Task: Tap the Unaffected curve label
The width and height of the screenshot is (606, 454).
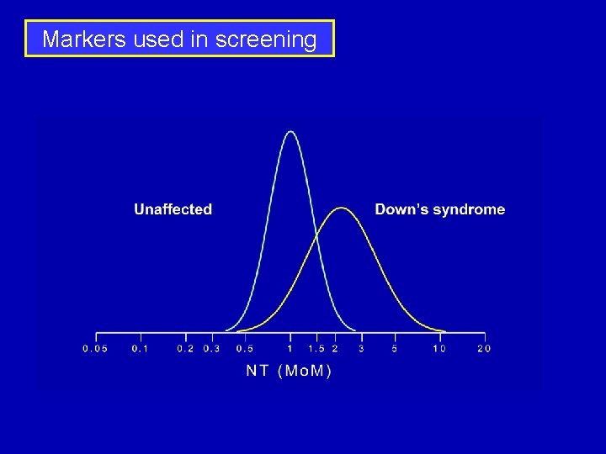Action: click(173, 209)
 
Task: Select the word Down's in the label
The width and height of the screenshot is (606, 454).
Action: click(400, 209)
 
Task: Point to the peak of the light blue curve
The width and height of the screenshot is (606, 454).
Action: click(290, 132)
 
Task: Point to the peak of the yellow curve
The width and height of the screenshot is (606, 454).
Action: click(340, 208)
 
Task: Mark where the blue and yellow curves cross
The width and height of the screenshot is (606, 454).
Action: click(317, 238)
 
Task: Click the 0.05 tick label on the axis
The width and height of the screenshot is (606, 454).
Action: click(95, 349)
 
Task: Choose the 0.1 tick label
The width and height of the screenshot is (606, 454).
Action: click(140, 349)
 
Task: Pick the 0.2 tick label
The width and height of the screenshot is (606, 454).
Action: click(184, 349)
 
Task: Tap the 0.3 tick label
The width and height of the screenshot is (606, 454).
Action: click(211, 349)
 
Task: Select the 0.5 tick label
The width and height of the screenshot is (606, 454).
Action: click(245, 349)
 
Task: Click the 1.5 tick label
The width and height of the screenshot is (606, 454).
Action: click(316, 349)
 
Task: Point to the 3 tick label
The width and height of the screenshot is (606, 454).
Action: click(361, 349)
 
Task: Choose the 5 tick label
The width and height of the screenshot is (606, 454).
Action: click(395, 349)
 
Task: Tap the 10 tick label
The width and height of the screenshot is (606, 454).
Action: click(439, 349)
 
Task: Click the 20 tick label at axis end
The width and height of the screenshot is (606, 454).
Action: click(483, 349)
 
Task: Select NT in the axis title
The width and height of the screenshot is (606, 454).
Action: click(258, 371)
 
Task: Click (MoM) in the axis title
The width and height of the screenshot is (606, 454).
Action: click(305, 371)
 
